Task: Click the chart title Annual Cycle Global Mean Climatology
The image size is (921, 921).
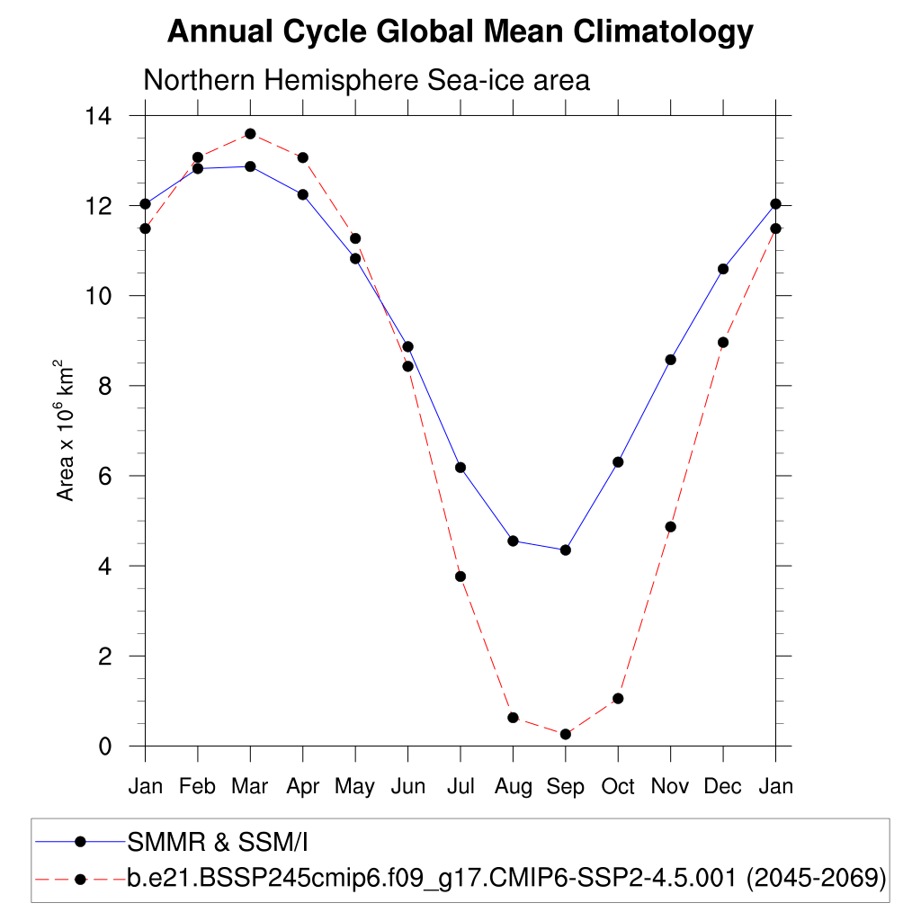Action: click(460, 32)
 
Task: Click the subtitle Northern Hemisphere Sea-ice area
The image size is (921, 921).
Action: click(366, 80)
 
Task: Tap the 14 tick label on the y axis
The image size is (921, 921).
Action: click(99, 116)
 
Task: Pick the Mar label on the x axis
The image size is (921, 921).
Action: click(250, 787)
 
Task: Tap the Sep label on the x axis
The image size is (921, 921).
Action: click(565, 787)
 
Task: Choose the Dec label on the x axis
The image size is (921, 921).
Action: click(722, 787)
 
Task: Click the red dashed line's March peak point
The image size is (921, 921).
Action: click(250, 134)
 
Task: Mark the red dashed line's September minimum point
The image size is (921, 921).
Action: click(565, 734)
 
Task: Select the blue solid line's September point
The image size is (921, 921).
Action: click(565, 550)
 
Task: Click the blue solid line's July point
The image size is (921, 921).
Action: click(460, 467)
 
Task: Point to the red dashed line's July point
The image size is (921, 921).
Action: click(460, 577)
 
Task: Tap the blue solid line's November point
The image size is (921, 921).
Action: click(670, 360)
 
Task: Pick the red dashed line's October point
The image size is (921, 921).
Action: click(618, 699)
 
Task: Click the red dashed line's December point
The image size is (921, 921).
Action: click(722, 343)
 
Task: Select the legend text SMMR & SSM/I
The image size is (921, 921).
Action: click(219, 842)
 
